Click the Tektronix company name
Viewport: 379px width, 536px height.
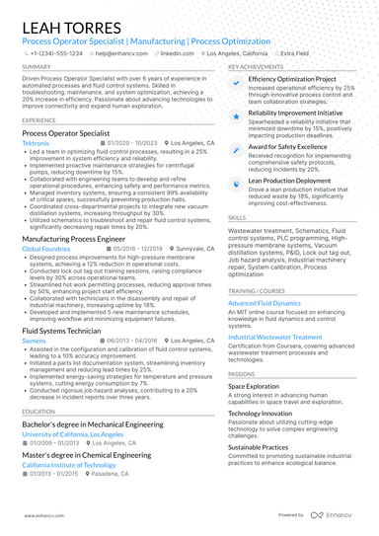point(38,143)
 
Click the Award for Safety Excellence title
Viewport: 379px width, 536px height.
point(289,147)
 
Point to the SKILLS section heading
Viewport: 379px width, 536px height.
point(237,216)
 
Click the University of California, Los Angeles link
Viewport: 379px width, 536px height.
point(73,434)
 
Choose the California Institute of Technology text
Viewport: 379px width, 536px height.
point(69,464)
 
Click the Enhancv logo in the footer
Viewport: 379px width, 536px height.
point(336,515)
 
